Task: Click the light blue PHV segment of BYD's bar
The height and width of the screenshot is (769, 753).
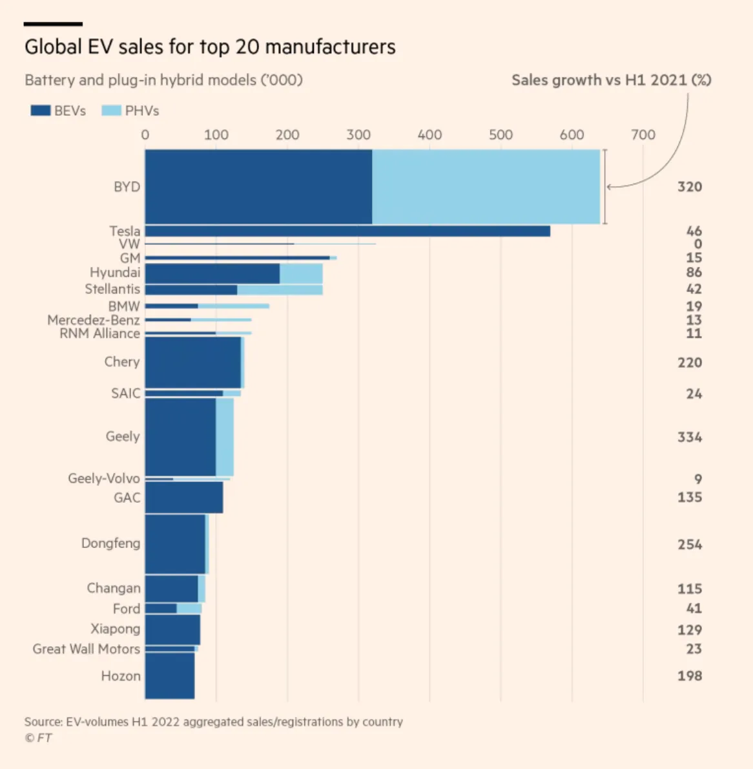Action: coord(486,187)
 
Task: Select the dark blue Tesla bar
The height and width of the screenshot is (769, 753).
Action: coord(347,231)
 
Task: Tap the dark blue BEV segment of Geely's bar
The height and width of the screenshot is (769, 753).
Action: coord(180,437)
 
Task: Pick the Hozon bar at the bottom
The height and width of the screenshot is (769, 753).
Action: coord(169,676)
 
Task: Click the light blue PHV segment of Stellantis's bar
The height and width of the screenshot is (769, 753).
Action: coord(280,290)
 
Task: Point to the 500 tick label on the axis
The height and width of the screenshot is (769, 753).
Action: coord(500,135)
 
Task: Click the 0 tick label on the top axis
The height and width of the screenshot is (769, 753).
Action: coord(145,135)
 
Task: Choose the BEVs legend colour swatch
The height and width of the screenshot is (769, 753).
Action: coord(41,111)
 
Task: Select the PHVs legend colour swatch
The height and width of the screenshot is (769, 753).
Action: coord(111,111)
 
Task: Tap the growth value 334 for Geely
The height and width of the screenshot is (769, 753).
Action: coord(689,437)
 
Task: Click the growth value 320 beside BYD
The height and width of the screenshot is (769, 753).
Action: coord(689,187)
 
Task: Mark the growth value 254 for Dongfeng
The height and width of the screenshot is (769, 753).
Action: coord(689,545)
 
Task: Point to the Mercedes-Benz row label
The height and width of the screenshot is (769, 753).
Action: coord(93,320)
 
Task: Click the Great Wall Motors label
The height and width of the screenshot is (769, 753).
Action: coord(86,649)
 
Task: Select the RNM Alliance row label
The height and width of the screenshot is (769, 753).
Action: coord(99,333)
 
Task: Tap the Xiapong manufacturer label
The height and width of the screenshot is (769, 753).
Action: coord(115,629)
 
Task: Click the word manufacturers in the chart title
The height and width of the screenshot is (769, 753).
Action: coord(330,47)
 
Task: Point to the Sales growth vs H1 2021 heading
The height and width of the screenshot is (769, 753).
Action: coord(611,80)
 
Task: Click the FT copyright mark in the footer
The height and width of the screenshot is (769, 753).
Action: coord(38,738)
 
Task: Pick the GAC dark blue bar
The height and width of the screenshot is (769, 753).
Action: coord(184,498)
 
